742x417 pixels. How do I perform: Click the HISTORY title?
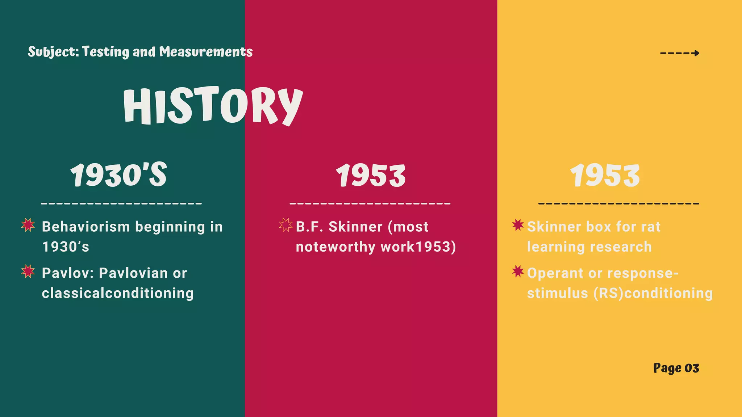213,106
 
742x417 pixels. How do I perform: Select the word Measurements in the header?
206,52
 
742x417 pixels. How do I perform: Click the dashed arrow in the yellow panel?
680,53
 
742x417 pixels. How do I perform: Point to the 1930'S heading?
118,175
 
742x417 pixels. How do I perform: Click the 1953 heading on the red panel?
371,176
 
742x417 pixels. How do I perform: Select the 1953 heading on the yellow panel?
605,176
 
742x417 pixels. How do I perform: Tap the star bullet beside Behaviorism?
28,225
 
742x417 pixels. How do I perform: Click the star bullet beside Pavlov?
28,271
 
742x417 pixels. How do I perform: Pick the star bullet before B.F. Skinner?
285,225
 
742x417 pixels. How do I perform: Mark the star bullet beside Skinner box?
518,225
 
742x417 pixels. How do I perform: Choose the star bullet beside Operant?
518,271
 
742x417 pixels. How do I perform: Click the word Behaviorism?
86,227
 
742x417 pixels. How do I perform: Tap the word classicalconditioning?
118,293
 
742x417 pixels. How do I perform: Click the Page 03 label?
676,368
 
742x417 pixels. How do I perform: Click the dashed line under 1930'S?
121,203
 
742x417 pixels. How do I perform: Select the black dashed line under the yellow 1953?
618,203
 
